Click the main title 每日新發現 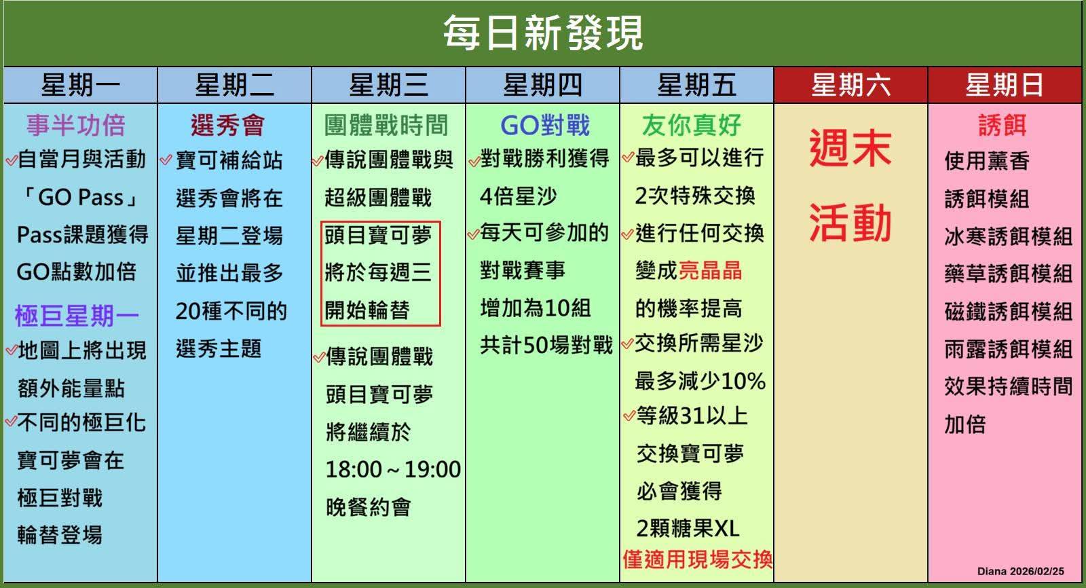(x=543, y=33)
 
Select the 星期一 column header (x=81, y=85)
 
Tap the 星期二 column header (x=235, y=85)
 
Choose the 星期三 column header (x=389, y=85)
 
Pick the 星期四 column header (x=542, y=85)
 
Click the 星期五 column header (x=696, y=85)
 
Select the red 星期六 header (x=851, y=85)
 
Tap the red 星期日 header (x=1005, y=85)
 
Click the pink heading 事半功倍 (x=76, y=125)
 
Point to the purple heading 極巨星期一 (x=77, y=316)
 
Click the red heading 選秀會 (x=228, y=125)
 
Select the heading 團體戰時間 (x=386, y=125)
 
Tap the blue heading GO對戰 (x=545, y=125)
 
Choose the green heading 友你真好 (x=692, y=125)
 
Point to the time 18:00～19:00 (x=393, y=470)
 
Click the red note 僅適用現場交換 (x=697, y=559)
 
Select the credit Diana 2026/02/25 (x=1021, y=571)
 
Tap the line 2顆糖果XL (x=688, y=528)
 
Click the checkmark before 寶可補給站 (x=166, y=160)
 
